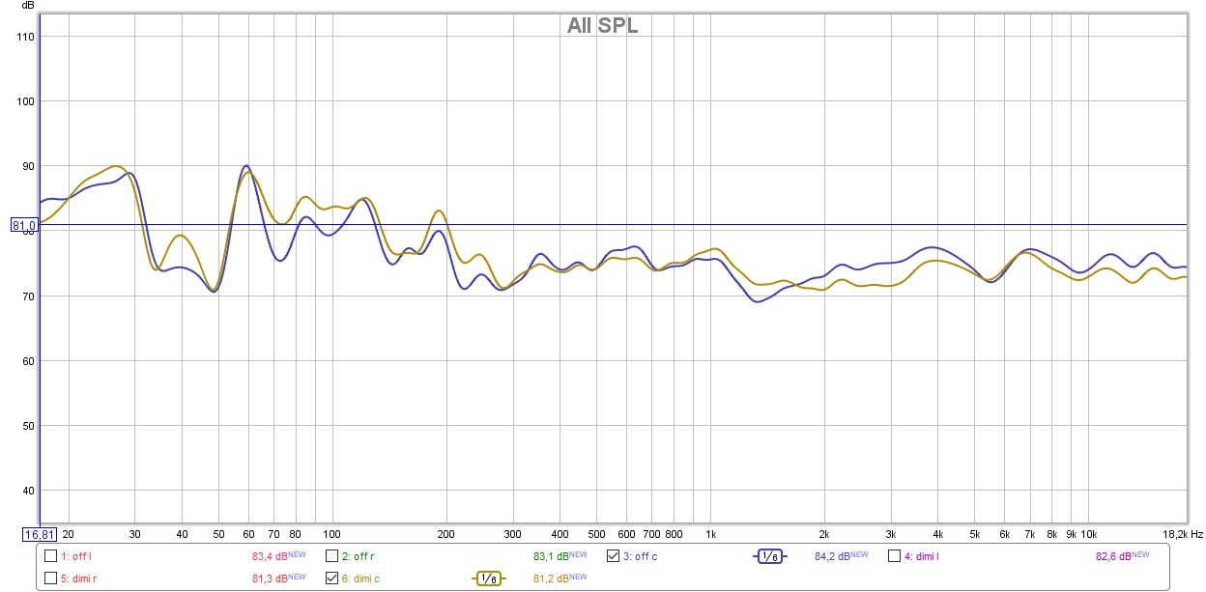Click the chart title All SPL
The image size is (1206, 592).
point(602,26)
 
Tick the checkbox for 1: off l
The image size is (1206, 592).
point(51,555)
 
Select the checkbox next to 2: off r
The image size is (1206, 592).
point(331,555)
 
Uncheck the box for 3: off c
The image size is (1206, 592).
point(613,555)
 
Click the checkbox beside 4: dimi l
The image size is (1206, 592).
point(894,555)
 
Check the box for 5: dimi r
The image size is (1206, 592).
point(51,578)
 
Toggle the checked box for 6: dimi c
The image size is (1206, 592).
point(331,578)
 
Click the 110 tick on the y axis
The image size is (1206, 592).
point(25,37)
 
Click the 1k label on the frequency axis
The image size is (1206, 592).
point(710,534)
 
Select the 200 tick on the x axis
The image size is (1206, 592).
point(445,534)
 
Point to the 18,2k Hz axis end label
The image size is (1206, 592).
point(1182,534)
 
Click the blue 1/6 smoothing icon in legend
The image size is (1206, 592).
point(770,556)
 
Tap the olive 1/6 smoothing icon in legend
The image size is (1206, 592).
point(488,578)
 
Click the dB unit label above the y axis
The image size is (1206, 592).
point(28,6)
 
